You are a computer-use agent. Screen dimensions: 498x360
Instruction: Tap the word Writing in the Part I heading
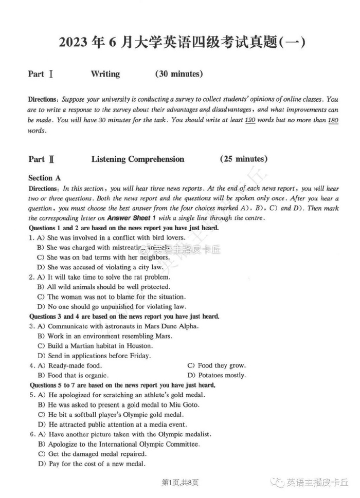105,74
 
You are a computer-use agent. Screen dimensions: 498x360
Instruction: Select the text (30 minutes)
178,74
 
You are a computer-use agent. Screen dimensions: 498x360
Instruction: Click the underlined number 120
250,120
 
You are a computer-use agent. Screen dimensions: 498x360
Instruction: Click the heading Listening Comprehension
137,159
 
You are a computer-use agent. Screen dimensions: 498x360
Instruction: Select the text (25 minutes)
243,159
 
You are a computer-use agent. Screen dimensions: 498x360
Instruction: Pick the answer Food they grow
217,365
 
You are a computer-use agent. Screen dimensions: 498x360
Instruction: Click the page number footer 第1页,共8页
180,482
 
